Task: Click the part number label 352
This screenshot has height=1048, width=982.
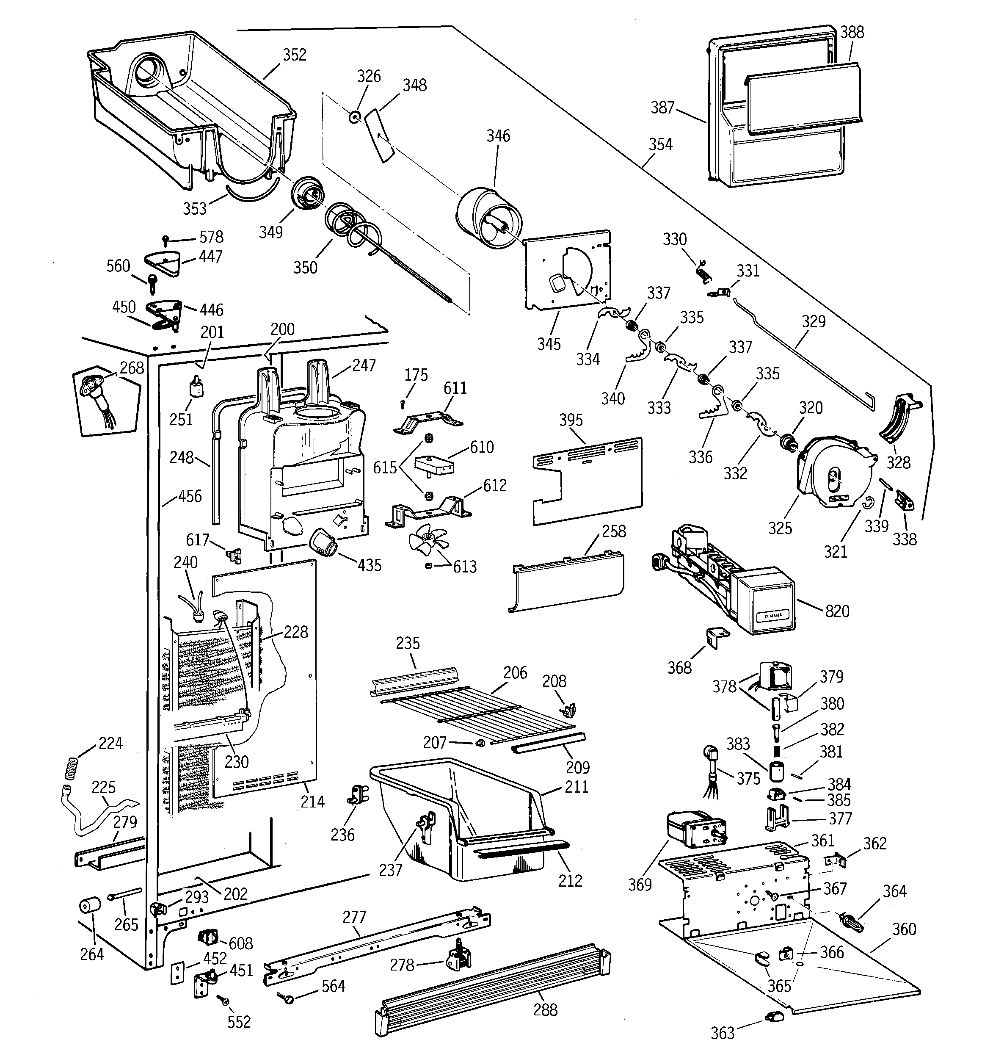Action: (x=294, y=55)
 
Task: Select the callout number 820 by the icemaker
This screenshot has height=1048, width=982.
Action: (x=837, y=611)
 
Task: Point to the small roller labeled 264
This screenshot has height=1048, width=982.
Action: (x=90, y=906)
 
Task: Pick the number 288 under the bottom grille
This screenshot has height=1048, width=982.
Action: (x=545, y=1009)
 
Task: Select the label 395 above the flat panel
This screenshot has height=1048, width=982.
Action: (x=571, y=420)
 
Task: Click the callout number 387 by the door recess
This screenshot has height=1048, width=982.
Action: (x=662, y=107)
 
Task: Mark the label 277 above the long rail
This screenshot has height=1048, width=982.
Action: (x=354, y=917)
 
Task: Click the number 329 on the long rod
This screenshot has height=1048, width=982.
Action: (x=814, y=321)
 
